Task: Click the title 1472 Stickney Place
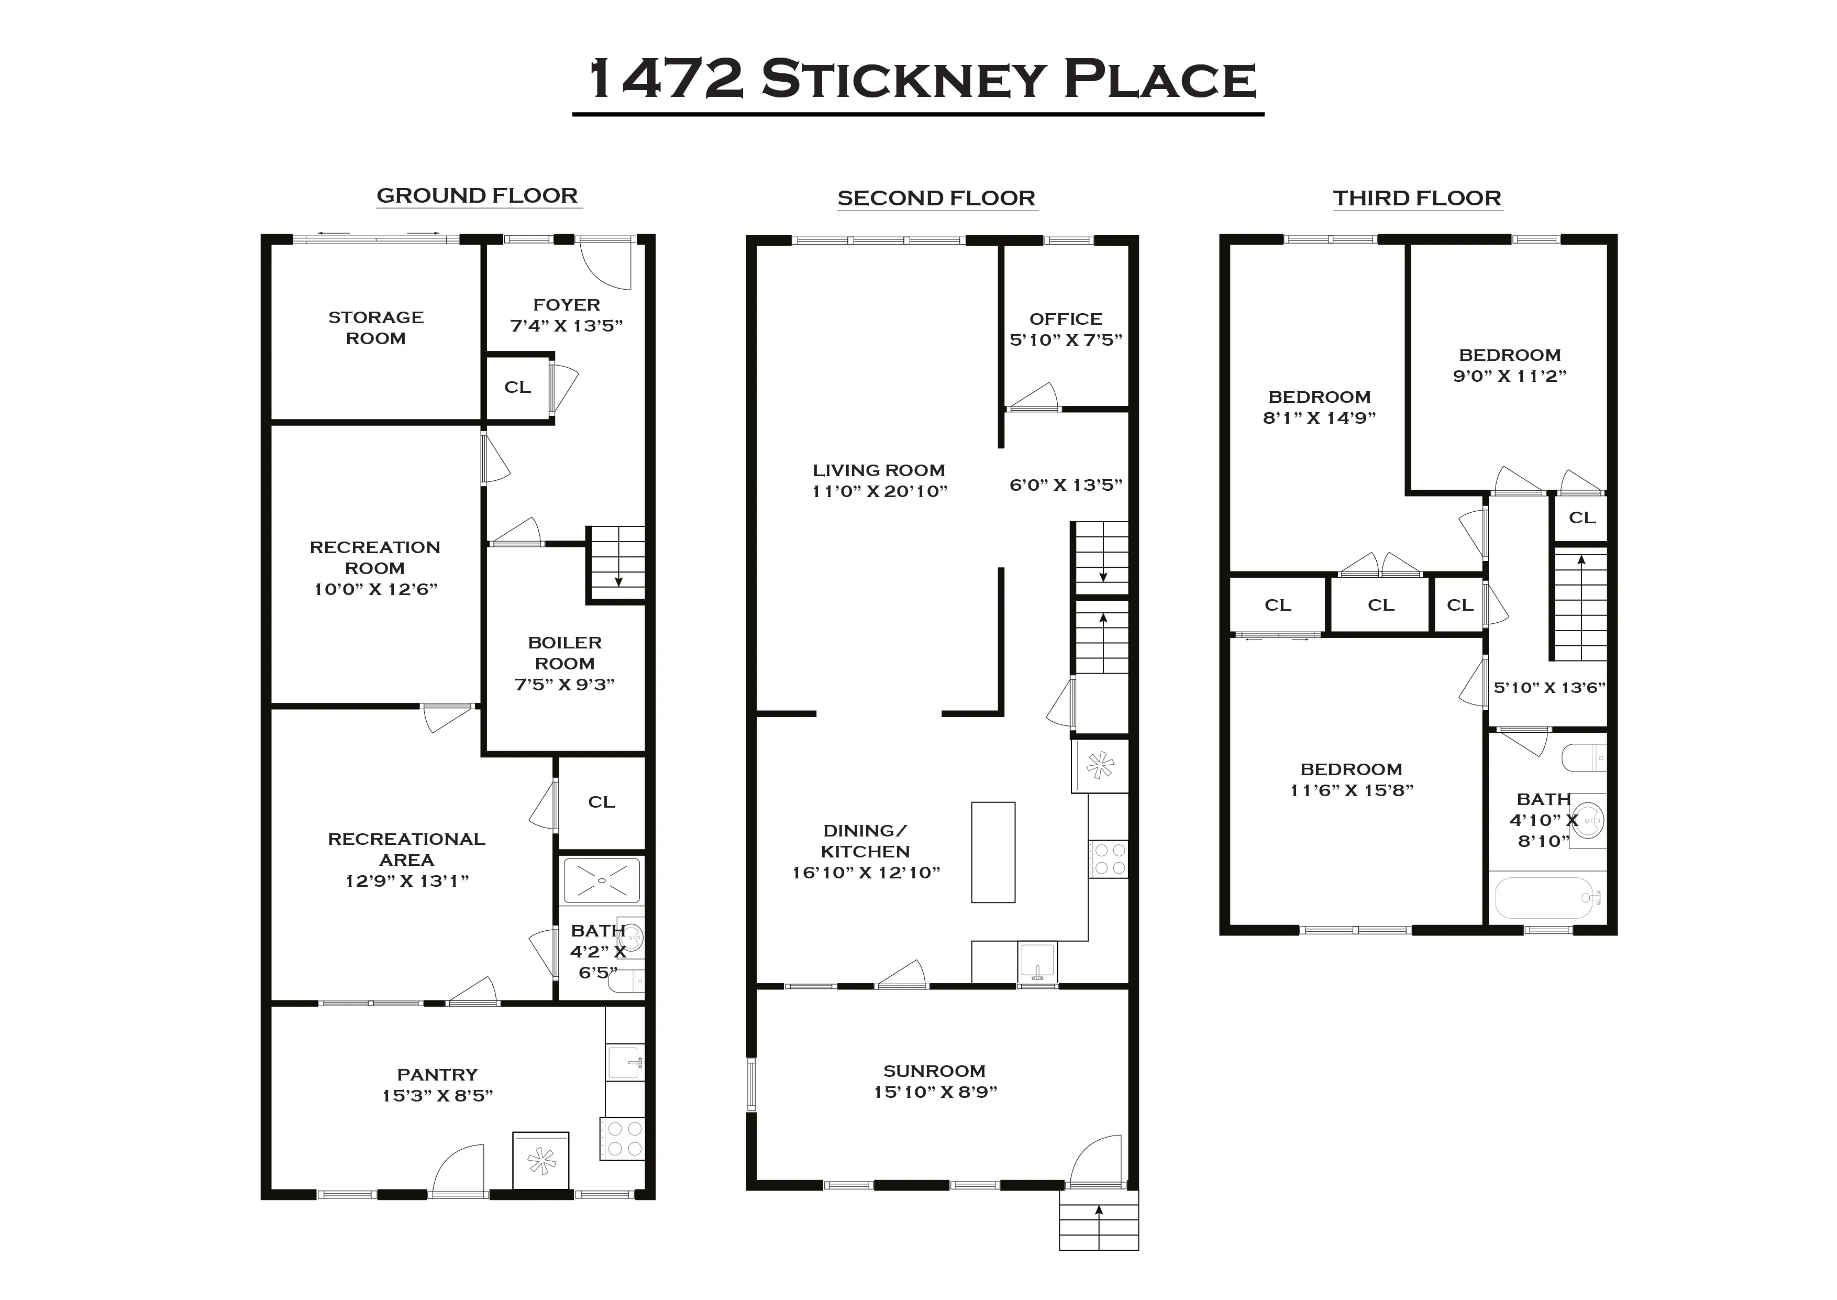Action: pyautogui.click(x=920, y=80)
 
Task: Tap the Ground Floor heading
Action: pyautogui.click(x=477, y=196)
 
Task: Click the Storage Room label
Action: pyautogui.click(x=376, y=327)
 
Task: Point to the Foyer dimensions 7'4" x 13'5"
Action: pyautogui.click(x=567, y=326)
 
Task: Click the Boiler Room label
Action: pyautogui.click(x=565, y=653)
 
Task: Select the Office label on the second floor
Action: pyautogui.click(x=1066, y=318)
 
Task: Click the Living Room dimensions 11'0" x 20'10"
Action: pyautogui.click(x=879, y=491)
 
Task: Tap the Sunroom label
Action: pyautogui.click(x=934, y=1071)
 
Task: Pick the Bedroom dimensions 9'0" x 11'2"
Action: pyautogui.click(x=1509, y=376)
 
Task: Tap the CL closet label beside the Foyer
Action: pyautogui.click(x=518, y=388)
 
